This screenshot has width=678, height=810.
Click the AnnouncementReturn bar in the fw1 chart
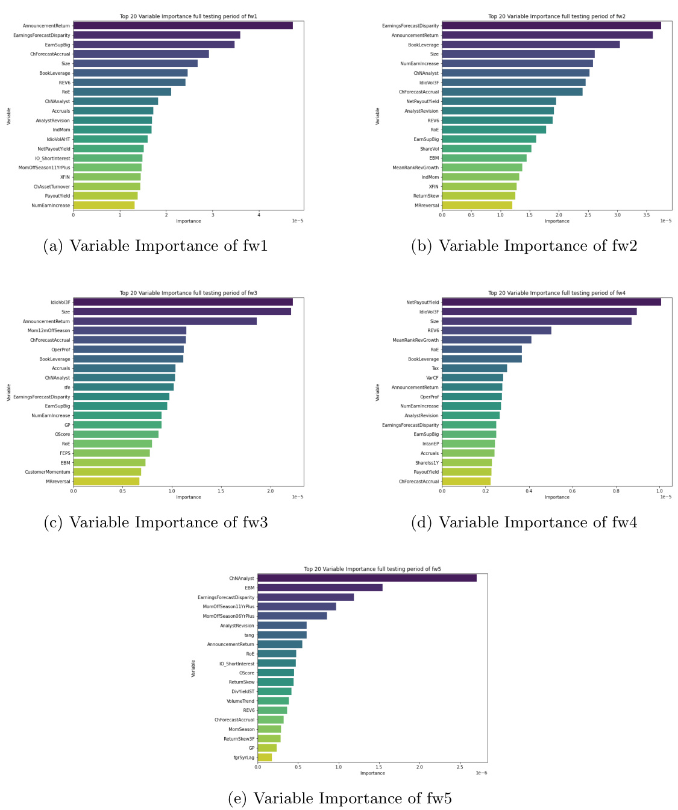(183, 25)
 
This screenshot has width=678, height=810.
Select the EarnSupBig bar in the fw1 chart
(154, 45)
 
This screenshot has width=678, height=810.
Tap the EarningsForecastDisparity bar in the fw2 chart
(551, 25)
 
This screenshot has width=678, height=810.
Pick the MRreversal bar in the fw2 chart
(477, 206)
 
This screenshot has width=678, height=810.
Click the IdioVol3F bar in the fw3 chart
(183, 302)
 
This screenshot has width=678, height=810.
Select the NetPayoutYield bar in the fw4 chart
(551, 302)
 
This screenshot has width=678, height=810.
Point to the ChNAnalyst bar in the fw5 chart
(366, 578)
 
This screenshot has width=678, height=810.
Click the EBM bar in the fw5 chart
(319, 588)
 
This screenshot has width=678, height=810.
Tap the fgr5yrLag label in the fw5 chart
(244, 758)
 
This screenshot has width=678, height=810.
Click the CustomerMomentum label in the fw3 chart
(48, 472)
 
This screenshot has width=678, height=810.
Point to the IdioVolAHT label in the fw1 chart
(58, 139)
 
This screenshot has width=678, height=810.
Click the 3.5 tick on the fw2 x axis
(646, 214)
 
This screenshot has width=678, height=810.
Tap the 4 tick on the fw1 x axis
(259, 214)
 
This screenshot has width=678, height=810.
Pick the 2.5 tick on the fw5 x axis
(460, 767)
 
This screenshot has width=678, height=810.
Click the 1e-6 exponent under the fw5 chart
(481, 773)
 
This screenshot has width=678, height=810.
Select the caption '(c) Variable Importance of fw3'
(155, 523)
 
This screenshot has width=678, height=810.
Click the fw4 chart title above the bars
(556, 293)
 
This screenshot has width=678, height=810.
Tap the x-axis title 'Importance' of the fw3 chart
(188, 497)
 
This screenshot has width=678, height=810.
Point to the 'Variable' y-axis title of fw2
(378, 116)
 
